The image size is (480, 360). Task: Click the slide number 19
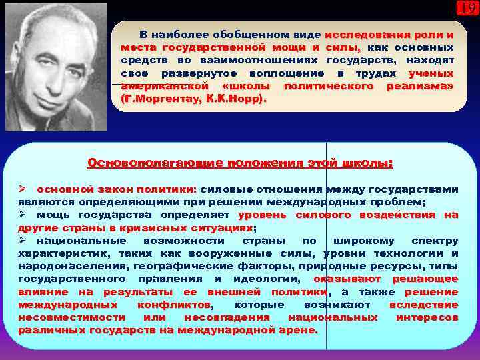coord(467,9)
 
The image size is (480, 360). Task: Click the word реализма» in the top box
coord(420,86)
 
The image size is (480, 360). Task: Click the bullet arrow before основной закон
coord(22,189)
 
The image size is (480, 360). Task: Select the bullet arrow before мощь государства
coord(22,215)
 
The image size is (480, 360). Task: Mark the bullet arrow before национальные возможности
coord(22,240)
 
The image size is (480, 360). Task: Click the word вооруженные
coord(244,253)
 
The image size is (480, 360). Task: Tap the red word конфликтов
coord(175,305)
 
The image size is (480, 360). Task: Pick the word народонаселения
coord(63,266)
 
